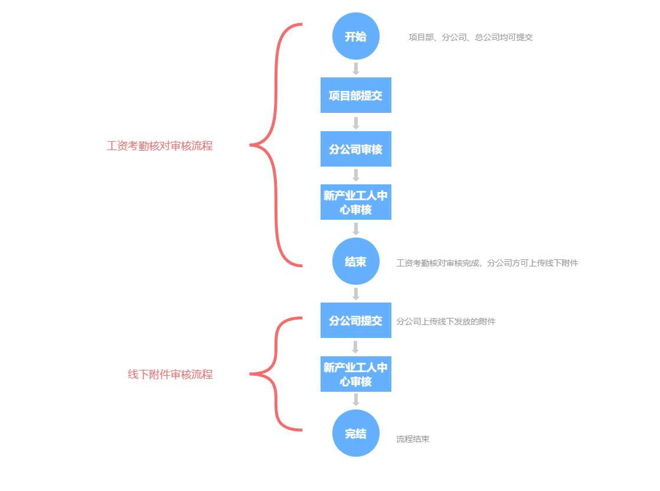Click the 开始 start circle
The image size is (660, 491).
pyautogui.click(x=356, y=36)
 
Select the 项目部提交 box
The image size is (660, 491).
pyautogui.click(x=356, y=95)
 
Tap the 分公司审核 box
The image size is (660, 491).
pyautogui.click(x=356, y=149)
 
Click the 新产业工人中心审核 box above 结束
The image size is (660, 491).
pyautogui.click(x=356, y=202)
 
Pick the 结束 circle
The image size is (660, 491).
pyautogui.click(x=356, y=261)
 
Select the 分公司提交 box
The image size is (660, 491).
pyautogui.click(x=356, y=320)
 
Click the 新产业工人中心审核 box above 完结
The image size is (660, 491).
pyautogui.click(x=356, y=374)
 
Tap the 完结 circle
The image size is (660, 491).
pyautogui.click(x=356, y=433)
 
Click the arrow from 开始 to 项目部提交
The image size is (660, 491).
pyautogui.click(x=356, y=69)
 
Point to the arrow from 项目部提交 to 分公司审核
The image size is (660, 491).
pyautogui.click(x=356, y=123)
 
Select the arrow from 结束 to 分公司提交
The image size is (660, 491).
pyautogui.click(x=356, y=294)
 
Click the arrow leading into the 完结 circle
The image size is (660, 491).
pyautogui.click(x=356, y=400)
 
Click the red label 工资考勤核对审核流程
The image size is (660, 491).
pyautogui.click(x=159, y=145)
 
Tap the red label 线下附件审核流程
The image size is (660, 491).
pyautogui.click(x=170, y=374)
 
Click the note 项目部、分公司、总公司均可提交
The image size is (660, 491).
pyautogui.click(x=471, y=37)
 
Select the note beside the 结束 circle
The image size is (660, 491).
pyautogui.click(x=487, y=263)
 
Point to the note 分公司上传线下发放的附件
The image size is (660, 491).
pyautogui.click(x=446, y=321)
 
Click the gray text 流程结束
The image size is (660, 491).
pyautogui.click(x=413, y=439)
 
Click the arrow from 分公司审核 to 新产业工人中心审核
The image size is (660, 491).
pyautogui.click(x=356, y=175)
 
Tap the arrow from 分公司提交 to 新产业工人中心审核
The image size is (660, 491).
pyautogui.click(x=356, y=347)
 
